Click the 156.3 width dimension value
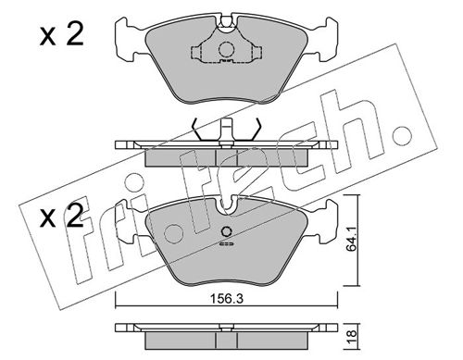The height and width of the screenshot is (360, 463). click(227, 299)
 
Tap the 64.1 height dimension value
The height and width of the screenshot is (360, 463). click(351, 240)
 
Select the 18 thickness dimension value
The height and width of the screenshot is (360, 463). click(352, 333)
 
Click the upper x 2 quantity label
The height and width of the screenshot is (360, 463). click(62, 35)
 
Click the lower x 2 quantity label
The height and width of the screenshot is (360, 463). click(62, 216)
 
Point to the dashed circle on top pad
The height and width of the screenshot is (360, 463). click(226, 49)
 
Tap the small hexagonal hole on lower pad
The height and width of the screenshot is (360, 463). click(227, 231)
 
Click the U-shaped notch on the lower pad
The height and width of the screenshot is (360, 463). click(227, 205)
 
